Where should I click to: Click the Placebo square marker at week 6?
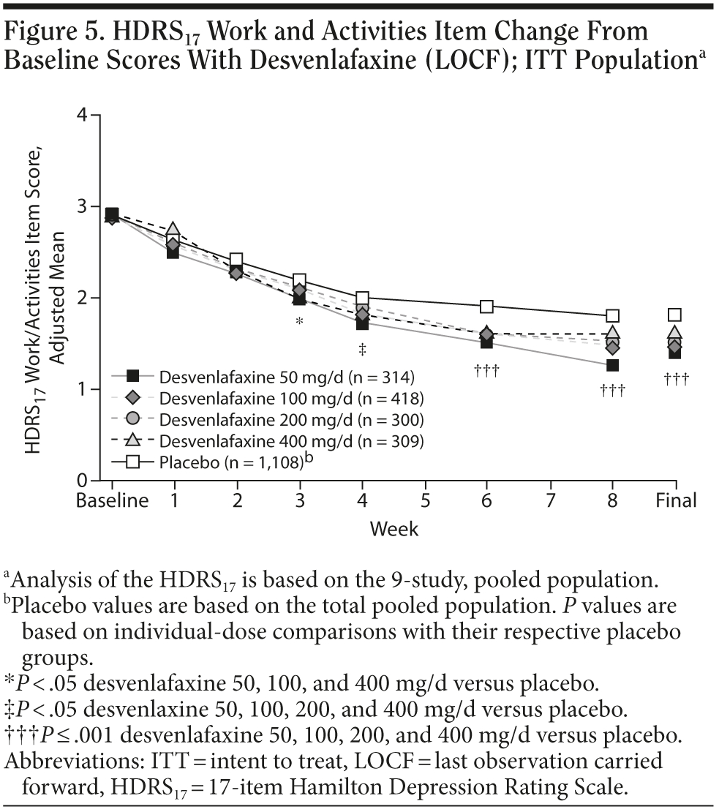click(x=487, y=307)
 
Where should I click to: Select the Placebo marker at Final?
click(x=675, y=315)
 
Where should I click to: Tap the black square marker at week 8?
click(x=612, y=365)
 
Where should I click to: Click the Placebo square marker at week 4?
click(x=362, y=298)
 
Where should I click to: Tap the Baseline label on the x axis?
click(x=113, y=501)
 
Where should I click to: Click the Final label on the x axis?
click(x=675, y=501)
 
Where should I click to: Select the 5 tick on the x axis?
click(x=424, y=501)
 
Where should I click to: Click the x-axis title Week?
click(x=394, y=528)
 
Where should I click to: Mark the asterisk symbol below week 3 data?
click(x=299, y=323)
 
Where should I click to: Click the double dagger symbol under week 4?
click(x=362, y=350)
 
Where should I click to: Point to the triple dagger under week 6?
click(x=486, y=372)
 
